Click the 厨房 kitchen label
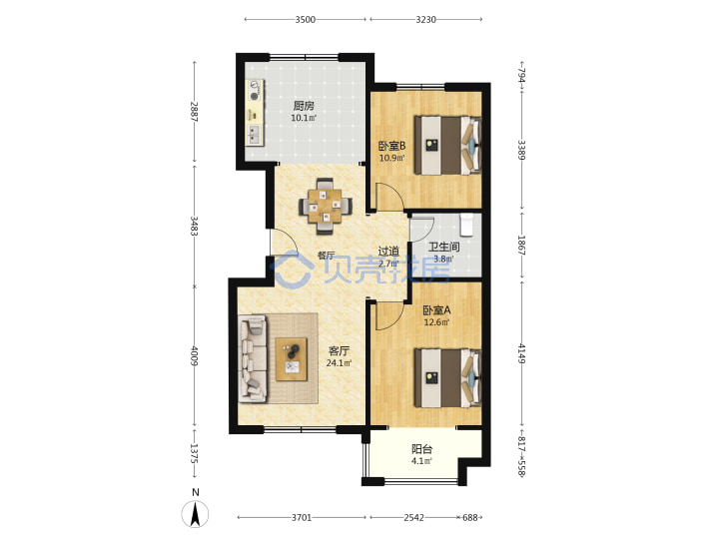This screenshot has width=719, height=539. [x=304, y=107]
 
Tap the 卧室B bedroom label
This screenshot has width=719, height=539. [x=392, y=146]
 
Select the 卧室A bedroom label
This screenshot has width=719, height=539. [x=436, y=310]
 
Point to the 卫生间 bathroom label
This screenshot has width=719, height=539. [x=443, y=248]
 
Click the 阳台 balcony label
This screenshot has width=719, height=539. [x=421, y=449]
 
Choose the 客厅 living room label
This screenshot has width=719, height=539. [x=340, y=351]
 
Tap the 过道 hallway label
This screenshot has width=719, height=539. [x=388, y=252]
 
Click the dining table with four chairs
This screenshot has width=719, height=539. [x=326, y=207]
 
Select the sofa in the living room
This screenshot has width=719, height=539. [x=253, y=358]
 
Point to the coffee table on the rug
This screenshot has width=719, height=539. [x=292, y=359]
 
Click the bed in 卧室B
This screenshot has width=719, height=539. [x=447, y=146]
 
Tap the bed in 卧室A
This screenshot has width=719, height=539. [x=447, y=378]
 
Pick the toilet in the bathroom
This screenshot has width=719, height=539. [x=466, y=225]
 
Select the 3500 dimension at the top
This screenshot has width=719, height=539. [x=306, y=19]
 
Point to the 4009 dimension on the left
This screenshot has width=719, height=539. [x=195, y=355]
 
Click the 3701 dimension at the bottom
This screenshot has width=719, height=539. [x=302, y=517]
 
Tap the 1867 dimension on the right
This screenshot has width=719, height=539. [x=521, y=246]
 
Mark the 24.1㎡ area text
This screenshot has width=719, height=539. [x=340, y=363]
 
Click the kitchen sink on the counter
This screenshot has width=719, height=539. [x=254, y=134]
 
